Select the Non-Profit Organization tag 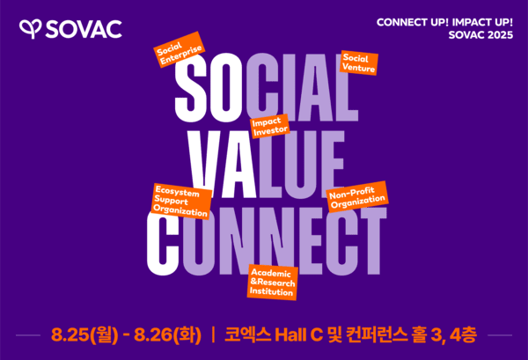click(x=357, y=198)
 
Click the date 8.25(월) click(x=83, y=334)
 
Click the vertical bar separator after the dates click(x=213, y=334)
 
